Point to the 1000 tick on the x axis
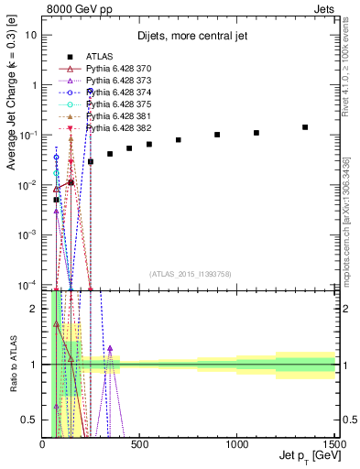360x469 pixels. pyautogui.click(x=237, y=444)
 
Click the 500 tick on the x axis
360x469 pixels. pyautogui.click(x=139, y=444)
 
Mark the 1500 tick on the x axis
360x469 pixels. pyautogui.click(x=334, y=444)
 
